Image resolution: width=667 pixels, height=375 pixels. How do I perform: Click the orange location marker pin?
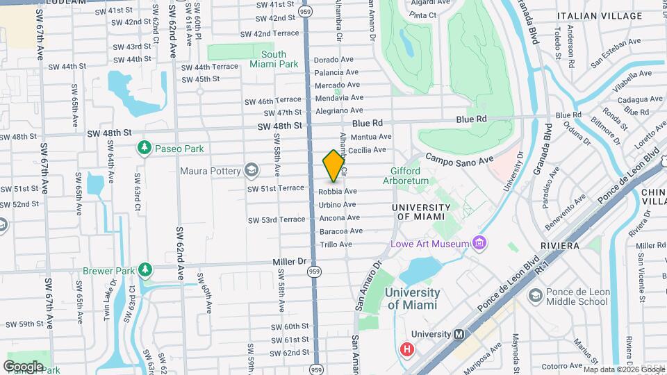tap(333, 165)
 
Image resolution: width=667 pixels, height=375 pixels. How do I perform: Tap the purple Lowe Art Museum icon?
tap(479, 243)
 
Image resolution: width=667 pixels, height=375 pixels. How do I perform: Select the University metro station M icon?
tap(459, 334)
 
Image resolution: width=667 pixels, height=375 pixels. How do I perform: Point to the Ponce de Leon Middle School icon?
tap(535, 297)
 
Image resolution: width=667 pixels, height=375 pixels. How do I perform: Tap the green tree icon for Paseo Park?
tap(145, 148)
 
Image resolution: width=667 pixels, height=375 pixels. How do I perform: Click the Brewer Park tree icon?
tap(145, 269)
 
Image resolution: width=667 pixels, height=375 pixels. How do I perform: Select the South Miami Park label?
tap(273, 59)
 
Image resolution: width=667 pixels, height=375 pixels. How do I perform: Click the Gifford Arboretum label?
tap(405, 176)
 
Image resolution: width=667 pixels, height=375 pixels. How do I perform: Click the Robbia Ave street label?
tap(338, 191)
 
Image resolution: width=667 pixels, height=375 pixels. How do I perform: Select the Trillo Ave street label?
tap(336, 244)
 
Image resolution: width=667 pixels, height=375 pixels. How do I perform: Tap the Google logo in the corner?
tap(22, 366)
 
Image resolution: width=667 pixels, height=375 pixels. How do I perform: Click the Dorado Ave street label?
tap(336, 60)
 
